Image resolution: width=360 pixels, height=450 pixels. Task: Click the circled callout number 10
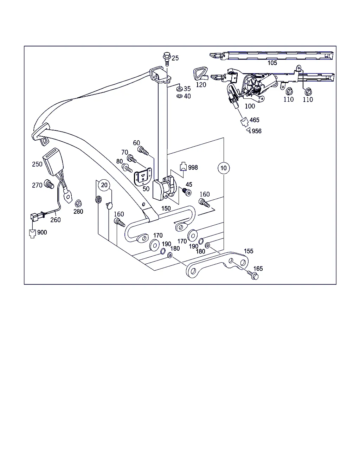tap(224, 168)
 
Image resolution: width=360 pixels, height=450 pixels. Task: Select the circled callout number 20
tap(104, 185)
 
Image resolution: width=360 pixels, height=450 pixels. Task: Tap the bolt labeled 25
tap(167, 58)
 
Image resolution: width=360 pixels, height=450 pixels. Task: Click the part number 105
tap(272, 63)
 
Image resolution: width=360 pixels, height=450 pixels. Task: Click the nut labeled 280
tap(78, 203)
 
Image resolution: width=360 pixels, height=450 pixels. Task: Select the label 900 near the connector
tap(42, 232)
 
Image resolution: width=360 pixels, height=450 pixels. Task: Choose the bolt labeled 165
tap(253, 275)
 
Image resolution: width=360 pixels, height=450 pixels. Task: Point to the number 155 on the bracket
tap(249, 251)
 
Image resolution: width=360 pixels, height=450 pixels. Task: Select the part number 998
tap(193, 167)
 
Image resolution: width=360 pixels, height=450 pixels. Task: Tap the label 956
tap(257, 131)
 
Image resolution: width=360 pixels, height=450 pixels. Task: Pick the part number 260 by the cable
tap(55, 220)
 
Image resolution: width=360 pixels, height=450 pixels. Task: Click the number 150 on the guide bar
tap(166, 208)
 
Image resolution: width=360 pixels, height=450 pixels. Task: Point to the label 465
tap(255, 120)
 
